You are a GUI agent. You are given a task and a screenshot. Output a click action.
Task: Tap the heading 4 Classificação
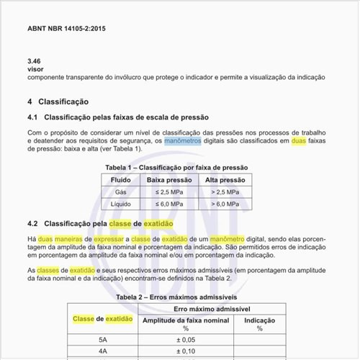58,102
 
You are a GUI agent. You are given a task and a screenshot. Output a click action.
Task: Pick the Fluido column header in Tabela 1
120,179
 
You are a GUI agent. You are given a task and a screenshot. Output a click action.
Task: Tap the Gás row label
120,192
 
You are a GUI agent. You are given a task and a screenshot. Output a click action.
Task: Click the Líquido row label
120,205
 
